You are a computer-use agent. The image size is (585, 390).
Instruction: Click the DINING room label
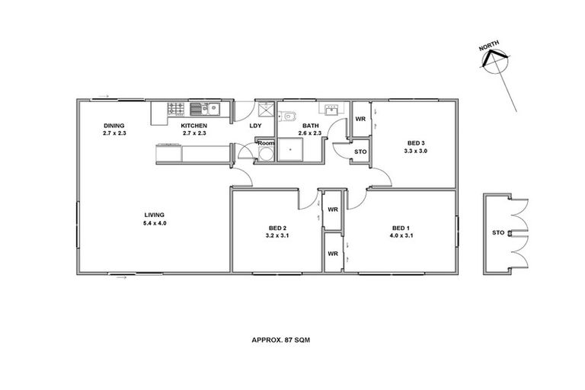(x=114, y=126)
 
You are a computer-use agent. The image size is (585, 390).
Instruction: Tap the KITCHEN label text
(x=193, y=126)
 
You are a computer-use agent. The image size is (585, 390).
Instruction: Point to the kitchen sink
(x=200, y=108)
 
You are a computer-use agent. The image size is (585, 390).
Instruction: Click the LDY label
(x=256, y=126)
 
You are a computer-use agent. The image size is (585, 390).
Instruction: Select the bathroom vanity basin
(x=332, y=110)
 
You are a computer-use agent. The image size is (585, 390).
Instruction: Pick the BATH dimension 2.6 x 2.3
(x=311, y=133)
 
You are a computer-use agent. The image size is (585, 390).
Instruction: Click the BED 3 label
(x=415, y=143)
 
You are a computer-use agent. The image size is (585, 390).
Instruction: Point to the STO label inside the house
(x=360, y=152)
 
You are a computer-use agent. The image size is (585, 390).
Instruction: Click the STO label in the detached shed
(x=498, y=232)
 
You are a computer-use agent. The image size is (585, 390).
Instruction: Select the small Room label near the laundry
(x=265, y=143)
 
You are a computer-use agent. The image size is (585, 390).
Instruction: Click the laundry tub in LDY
(x=264, y=108)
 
